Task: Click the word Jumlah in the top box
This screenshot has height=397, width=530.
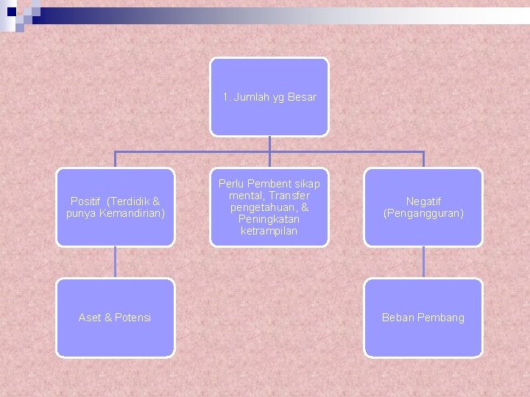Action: coord(250,97)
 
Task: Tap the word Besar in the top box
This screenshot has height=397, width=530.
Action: coord(302,97)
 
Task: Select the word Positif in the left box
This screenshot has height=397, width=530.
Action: coord(86,201)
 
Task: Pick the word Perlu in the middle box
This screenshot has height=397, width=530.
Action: coord(231,184)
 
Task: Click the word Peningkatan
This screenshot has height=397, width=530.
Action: coord(269,219)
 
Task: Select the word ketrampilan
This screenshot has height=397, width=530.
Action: coord(269,231)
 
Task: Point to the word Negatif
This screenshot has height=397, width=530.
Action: coord(423,201)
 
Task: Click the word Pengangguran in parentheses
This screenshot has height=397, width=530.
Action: coord(423,213)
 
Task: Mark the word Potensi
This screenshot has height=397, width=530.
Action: coord(133,318)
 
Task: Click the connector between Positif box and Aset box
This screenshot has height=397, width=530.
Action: coord(116,262)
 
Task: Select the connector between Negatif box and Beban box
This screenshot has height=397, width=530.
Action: coord(423,262)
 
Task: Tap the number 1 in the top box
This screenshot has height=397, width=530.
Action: coord(226,97)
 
